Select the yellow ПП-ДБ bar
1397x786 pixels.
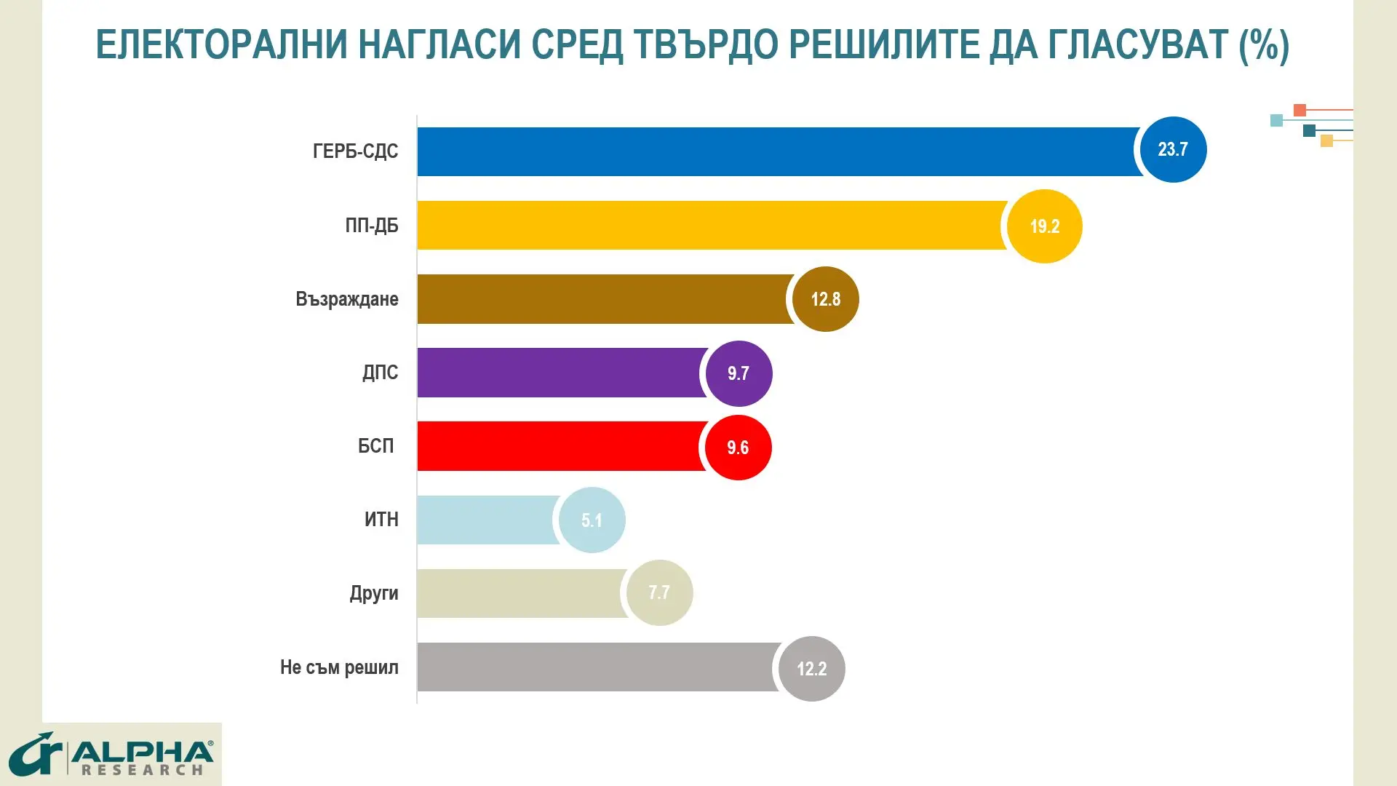709,226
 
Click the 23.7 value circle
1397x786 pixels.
1173,150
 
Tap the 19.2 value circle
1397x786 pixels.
1045,226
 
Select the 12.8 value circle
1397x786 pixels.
825,299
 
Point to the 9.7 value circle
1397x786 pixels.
739,373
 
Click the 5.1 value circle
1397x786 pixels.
592,520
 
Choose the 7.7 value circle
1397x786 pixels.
659,592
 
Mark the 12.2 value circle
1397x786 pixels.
811,669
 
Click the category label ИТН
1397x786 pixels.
381,520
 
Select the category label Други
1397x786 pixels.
374,593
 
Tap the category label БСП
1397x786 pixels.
375,445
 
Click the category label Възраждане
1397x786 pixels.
347,299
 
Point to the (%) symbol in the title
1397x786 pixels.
1265,44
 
